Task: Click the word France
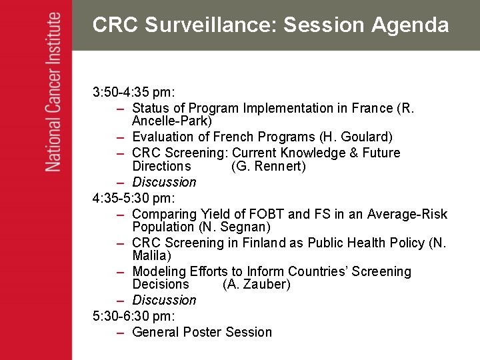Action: coord(371,108)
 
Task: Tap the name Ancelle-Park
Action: coord(172,121)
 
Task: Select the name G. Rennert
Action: coord(268,166)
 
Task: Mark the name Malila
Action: coord(151,255)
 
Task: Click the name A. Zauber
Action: coord(257,284)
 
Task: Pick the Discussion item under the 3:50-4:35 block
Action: coord(164,182)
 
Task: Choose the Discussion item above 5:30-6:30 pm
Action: coord(164,300)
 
